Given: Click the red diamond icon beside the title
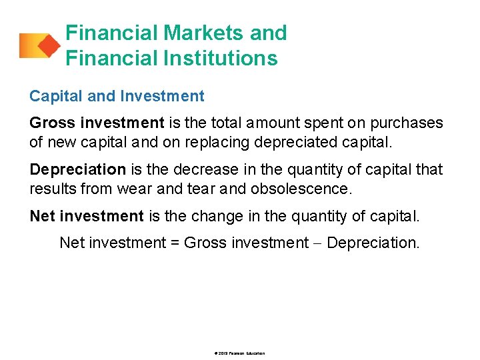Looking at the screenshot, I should [47, 45].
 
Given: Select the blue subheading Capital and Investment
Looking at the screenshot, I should [117, 96].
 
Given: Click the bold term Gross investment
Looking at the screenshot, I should [97, 123].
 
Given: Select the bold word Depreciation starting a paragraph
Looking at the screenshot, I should [77, 169].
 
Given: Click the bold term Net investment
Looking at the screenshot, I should [87, 216].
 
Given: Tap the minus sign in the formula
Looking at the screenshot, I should [317, 243].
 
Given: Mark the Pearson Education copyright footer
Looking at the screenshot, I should [240, 353].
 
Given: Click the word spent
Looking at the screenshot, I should [315, 123].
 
